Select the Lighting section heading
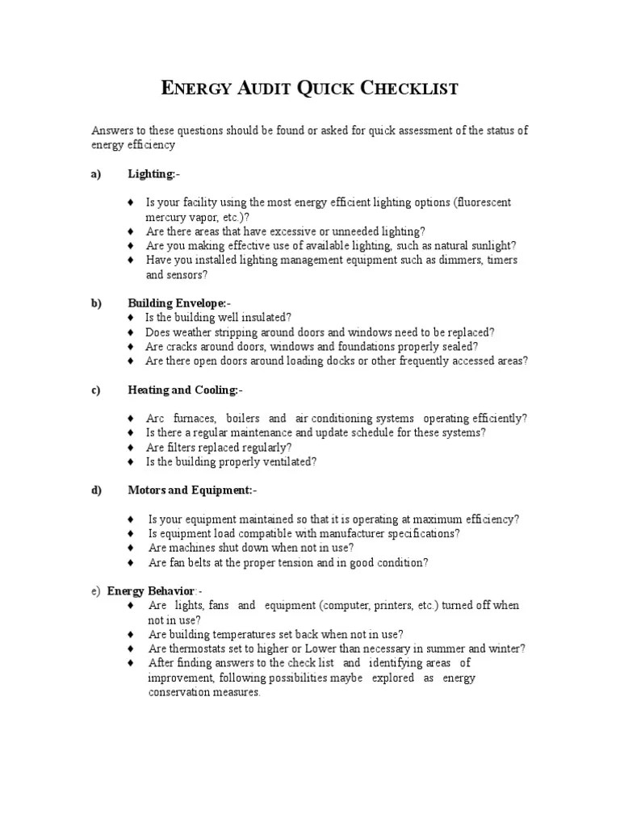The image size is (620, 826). coord(153,173)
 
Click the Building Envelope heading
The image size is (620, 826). coord(179,303)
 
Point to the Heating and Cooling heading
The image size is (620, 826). coord(184,390)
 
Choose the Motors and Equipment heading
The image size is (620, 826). coord(191,490)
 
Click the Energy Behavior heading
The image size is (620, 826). coord(154,590)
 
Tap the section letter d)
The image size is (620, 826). coord(97,490)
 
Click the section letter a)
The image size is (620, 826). coord(97,173)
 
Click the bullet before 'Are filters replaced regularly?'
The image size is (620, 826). coord(131,448)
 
